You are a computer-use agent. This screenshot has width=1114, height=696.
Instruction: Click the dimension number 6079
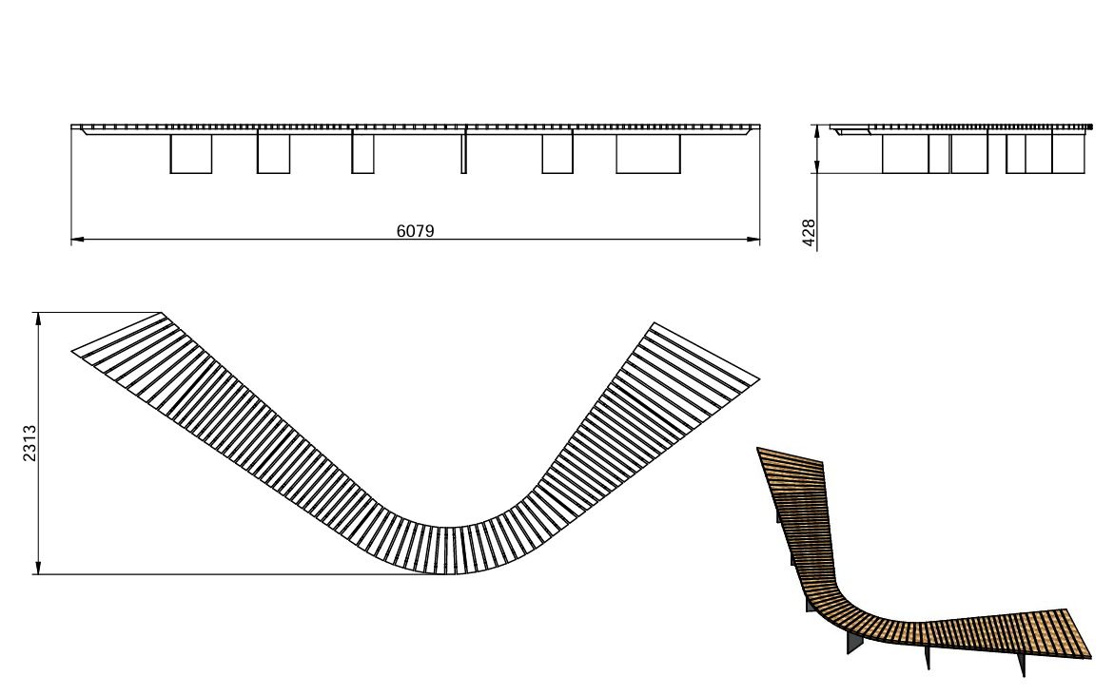pyautogui.click(x=415, y=231)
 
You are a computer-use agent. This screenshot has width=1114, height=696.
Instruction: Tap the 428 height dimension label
pyautogui.click(x=809, y=233)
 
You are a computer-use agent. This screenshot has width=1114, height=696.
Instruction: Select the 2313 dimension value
pyautogui.click(x=29, y=443)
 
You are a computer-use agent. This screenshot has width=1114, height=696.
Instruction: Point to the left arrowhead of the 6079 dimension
pyautogui.click(x=78, y=240)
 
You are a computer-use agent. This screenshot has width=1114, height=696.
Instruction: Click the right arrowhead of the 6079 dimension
pyautogui.click(x=753, y=240)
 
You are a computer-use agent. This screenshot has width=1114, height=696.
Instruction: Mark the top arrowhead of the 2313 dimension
pyautogui.click(x=38, y=319)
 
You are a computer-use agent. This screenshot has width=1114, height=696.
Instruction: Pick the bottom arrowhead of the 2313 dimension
pyautogui.click(x=38, y=568)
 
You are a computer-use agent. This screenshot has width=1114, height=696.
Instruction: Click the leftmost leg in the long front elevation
pyautogui.click(x=191, y=153)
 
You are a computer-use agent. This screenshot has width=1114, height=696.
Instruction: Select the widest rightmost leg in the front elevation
pyautogui.click(x=648, y=153)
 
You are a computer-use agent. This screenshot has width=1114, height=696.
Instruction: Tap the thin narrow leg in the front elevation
pyautogui.click(x=464, y=151)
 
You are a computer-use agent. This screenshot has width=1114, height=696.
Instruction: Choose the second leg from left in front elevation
pyautogui.click(x=274, y=153)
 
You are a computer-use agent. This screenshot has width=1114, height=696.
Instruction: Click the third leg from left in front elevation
pyautogui.click(x=363, y=153)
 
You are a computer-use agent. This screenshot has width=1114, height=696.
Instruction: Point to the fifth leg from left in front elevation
pyautogui.click(x=557, y=153)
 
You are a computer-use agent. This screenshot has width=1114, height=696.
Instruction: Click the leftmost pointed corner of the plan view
pyautogui.click(x=71, y=350)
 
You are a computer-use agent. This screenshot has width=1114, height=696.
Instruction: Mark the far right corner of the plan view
pyautogui.click(x=759, y=380)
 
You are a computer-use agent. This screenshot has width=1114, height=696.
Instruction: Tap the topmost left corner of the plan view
pyautogui.click(x=162, y=313)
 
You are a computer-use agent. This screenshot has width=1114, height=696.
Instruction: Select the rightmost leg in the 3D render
pyautogui.click(x=1022, y=664)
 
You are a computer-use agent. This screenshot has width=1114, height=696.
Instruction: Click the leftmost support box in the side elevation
pyautogui.click(x=905, y=153)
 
